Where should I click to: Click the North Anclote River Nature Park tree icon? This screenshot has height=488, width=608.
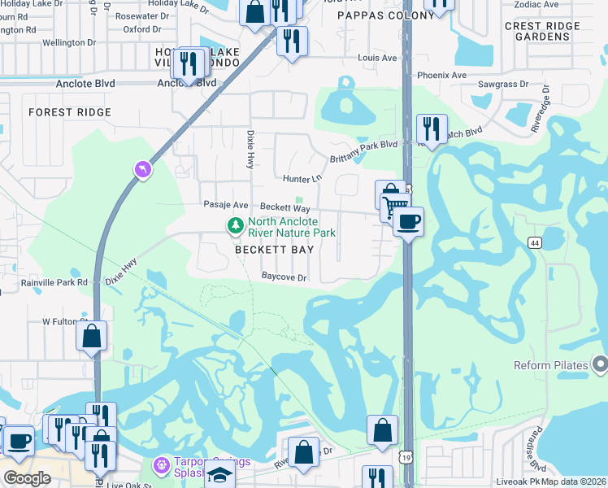coord(236,224)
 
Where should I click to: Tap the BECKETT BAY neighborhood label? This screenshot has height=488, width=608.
coord(274,251)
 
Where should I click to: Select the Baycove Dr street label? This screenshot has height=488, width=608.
coord(284,277)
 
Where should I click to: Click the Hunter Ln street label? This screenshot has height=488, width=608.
coord(302,179)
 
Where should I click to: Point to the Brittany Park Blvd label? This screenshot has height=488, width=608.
coord(363,145)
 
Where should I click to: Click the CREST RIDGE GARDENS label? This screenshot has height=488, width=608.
coord(542,31)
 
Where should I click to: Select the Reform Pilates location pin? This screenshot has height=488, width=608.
coord(601,364)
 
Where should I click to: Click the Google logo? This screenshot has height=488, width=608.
coord(28,477)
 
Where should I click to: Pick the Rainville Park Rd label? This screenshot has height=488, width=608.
coord(55,283)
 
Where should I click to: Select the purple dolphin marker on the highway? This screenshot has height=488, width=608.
coord(143,169)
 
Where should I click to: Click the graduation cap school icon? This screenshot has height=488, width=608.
coord(219,474)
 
